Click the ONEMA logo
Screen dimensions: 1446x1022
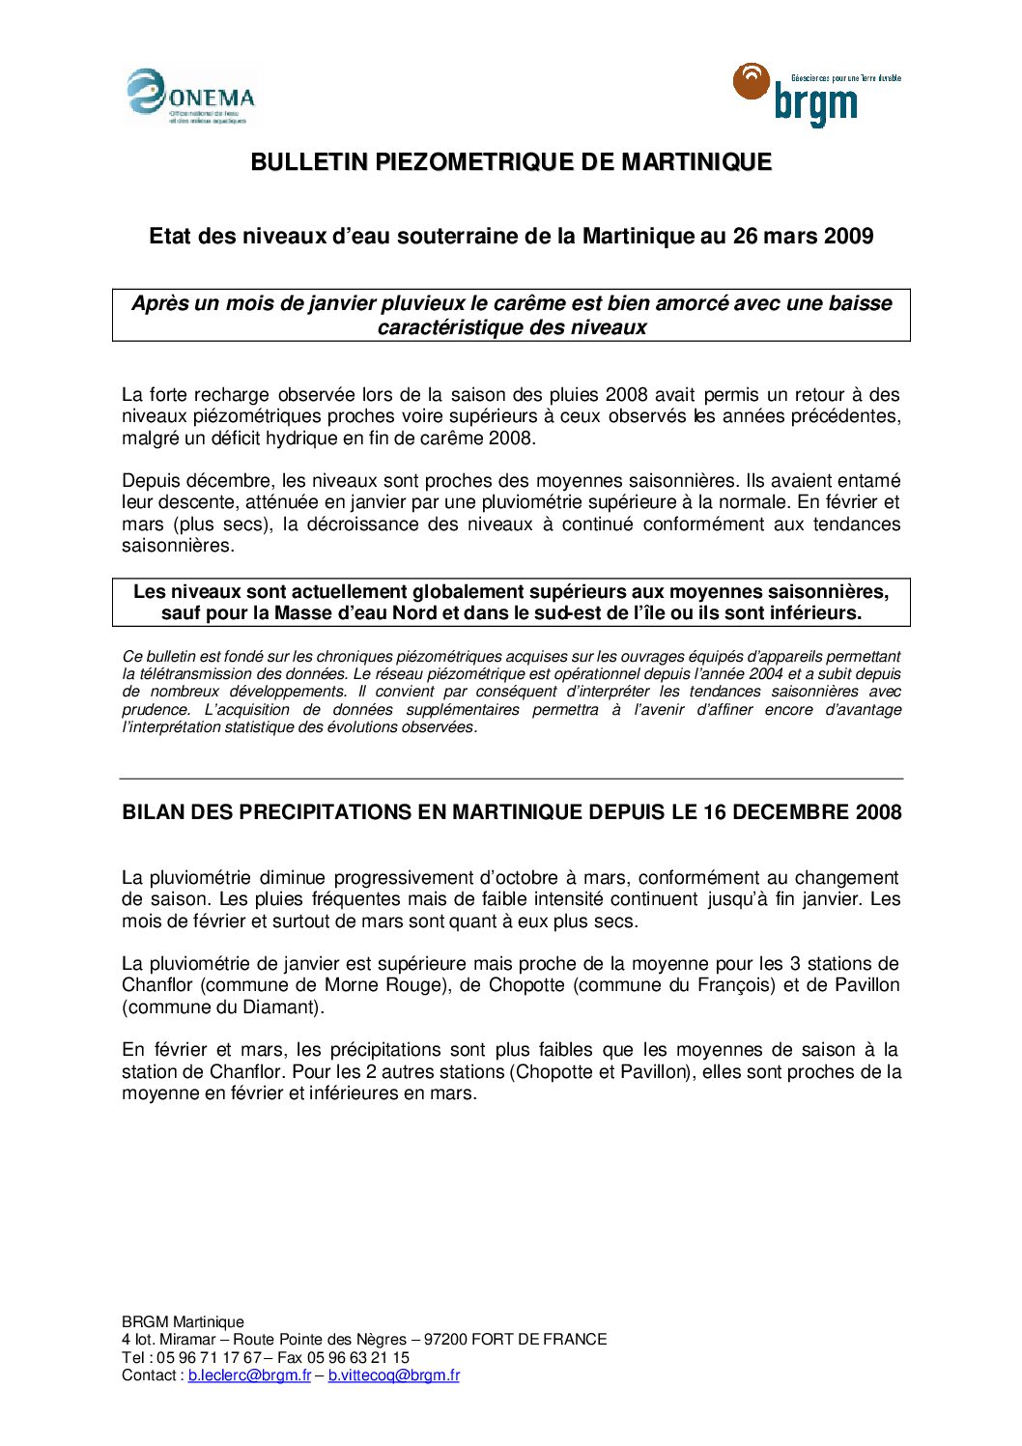190,98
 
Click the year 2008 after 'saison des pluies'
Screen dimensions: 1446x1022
627,395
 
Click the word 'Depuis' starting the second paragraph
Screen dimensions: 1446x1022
151,481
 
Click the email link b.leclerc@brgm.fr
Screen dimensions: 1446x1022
249,1375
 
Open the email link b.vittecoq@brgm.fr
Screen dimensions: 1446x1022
393,1375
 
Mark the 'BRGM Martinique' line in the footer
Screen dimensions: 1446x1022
183,1322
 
